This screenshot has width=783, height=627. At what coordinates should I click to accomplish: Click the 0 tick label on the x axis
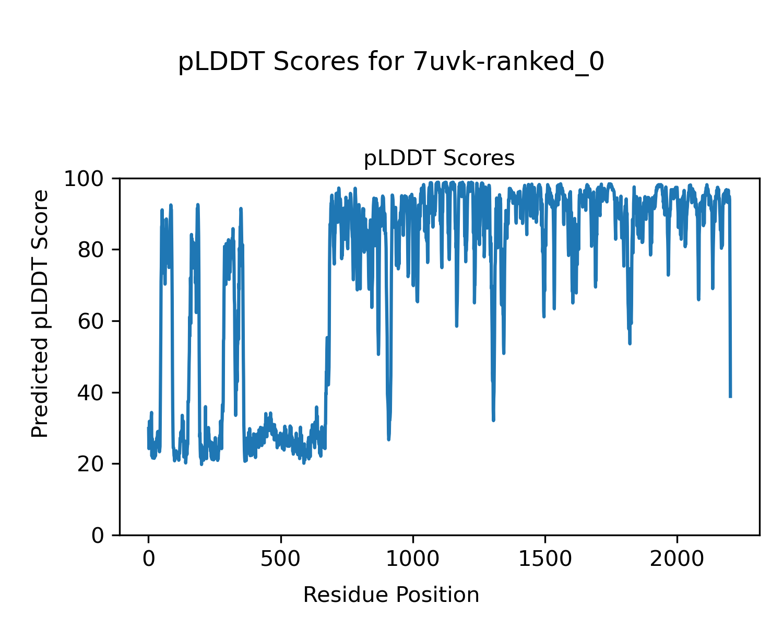click(x=148, y=559)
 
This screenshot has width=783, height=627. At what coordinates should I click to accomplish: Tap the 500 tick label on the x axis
click(x=281, y=559)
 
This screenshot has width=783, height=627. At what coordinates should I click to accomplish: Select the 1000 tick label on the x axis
click(x=413, y=559)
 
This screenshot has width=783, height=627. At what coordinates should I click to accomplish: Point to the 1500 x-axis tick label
click(x=545, y=559)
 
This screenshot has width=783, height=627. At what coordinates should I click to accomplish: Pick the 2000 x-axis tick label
click(x=677, y=559)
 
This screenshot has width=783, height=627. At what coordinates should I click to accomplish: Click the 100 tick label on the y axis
click(x=86, y=179)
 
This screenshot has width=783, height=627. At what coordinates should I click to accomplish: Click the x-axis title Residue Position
click(x=391, y=595)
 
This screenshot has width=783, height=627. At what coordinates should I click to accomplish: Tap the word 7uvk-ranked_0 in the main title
click(x=508, y=63)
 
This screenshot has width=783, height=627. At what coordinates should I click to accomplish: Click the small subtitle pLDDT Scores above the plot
click(x=439, y=158)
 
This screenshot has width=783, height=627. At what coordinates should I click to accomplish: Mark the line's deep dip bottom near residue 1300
click(x=493, y=420)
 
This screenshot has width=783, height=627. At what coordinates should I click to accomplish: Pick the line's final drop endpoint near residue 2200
click(x=730, y=397)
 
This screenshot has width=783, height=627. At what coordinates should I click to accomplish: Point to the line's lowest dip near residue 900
click(x=389, y=439)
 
